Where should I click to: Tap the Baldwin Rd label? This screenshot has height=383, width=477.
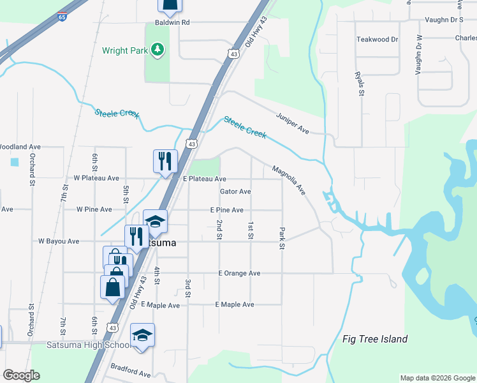tap(168, 22)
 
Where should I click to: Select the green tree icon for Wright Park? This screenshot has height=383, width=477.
tap(157, 50)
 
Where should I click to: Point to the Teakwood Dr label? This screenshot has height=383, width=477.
tap(377, 40)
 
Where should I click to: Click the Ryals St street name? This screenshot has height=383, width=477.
tap(360, 84)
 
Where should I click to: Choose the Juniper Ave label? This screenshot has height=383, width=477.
tap(292, 124)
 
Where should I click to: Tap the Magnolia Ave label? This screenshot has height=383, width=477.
tap(288, 180)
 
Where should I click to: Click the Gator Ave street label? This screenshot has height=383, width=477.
tap(235, 191)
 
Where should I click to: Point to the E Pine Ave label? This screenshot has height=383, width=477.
tap(226, 210)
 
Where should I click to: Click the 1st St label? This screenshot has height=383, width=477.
tap(250, 231)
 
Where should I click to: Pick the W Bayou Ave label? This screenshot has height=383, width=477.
tap(59, 241)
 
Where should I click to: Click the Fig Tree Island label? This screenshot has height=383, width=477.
tap(375, 339)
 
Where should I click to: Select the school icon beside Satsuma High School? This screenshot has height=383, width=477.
tap(142, 335)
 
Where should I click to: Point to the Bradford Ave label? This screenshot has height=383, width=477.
tap(130, 370)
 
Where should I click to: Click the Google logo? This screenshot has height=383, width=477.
tap(21, 375)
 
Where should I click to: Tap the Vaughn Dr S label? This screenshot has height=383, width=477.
tap(447, 20)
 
